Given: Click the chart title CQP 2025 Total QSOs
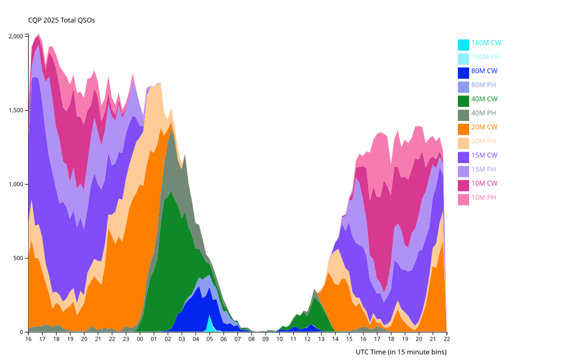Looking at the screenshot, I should (62, 21).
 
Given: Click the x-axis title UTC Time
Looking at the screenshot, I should (401, 352).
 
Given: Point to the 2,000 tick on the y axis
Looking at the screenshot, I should (16, 36).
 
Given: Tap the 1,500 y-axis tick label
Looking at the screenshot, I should (16, 110).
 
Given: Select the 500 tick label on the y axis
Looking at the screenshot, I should (18, 258).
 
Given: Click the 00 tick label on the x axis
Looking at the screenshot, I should (140, 339).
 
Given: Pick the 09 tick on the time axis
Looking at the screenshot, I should (266, 339).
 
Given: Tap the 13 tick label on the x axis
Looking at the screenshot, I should (321, 339).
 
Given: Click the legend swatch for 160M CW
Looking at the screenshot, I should (463, 45).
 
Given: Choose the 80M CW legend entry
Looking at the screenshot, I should (484, 71).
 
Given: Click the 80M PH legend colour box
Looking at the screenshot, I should (463, 87).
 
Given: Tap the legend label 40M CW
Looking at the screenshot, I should (484, 99).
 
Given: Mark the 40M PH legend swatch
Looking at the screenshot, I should (463, 115).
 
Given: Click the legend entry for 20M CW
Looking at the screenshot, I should (484, 127).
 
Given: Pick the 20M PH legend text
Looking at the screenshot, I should (484, 141).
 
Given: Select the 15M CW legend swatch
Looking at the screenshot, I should (463, 157).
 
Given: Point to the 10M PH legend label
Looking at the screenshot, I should (483, 198).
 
